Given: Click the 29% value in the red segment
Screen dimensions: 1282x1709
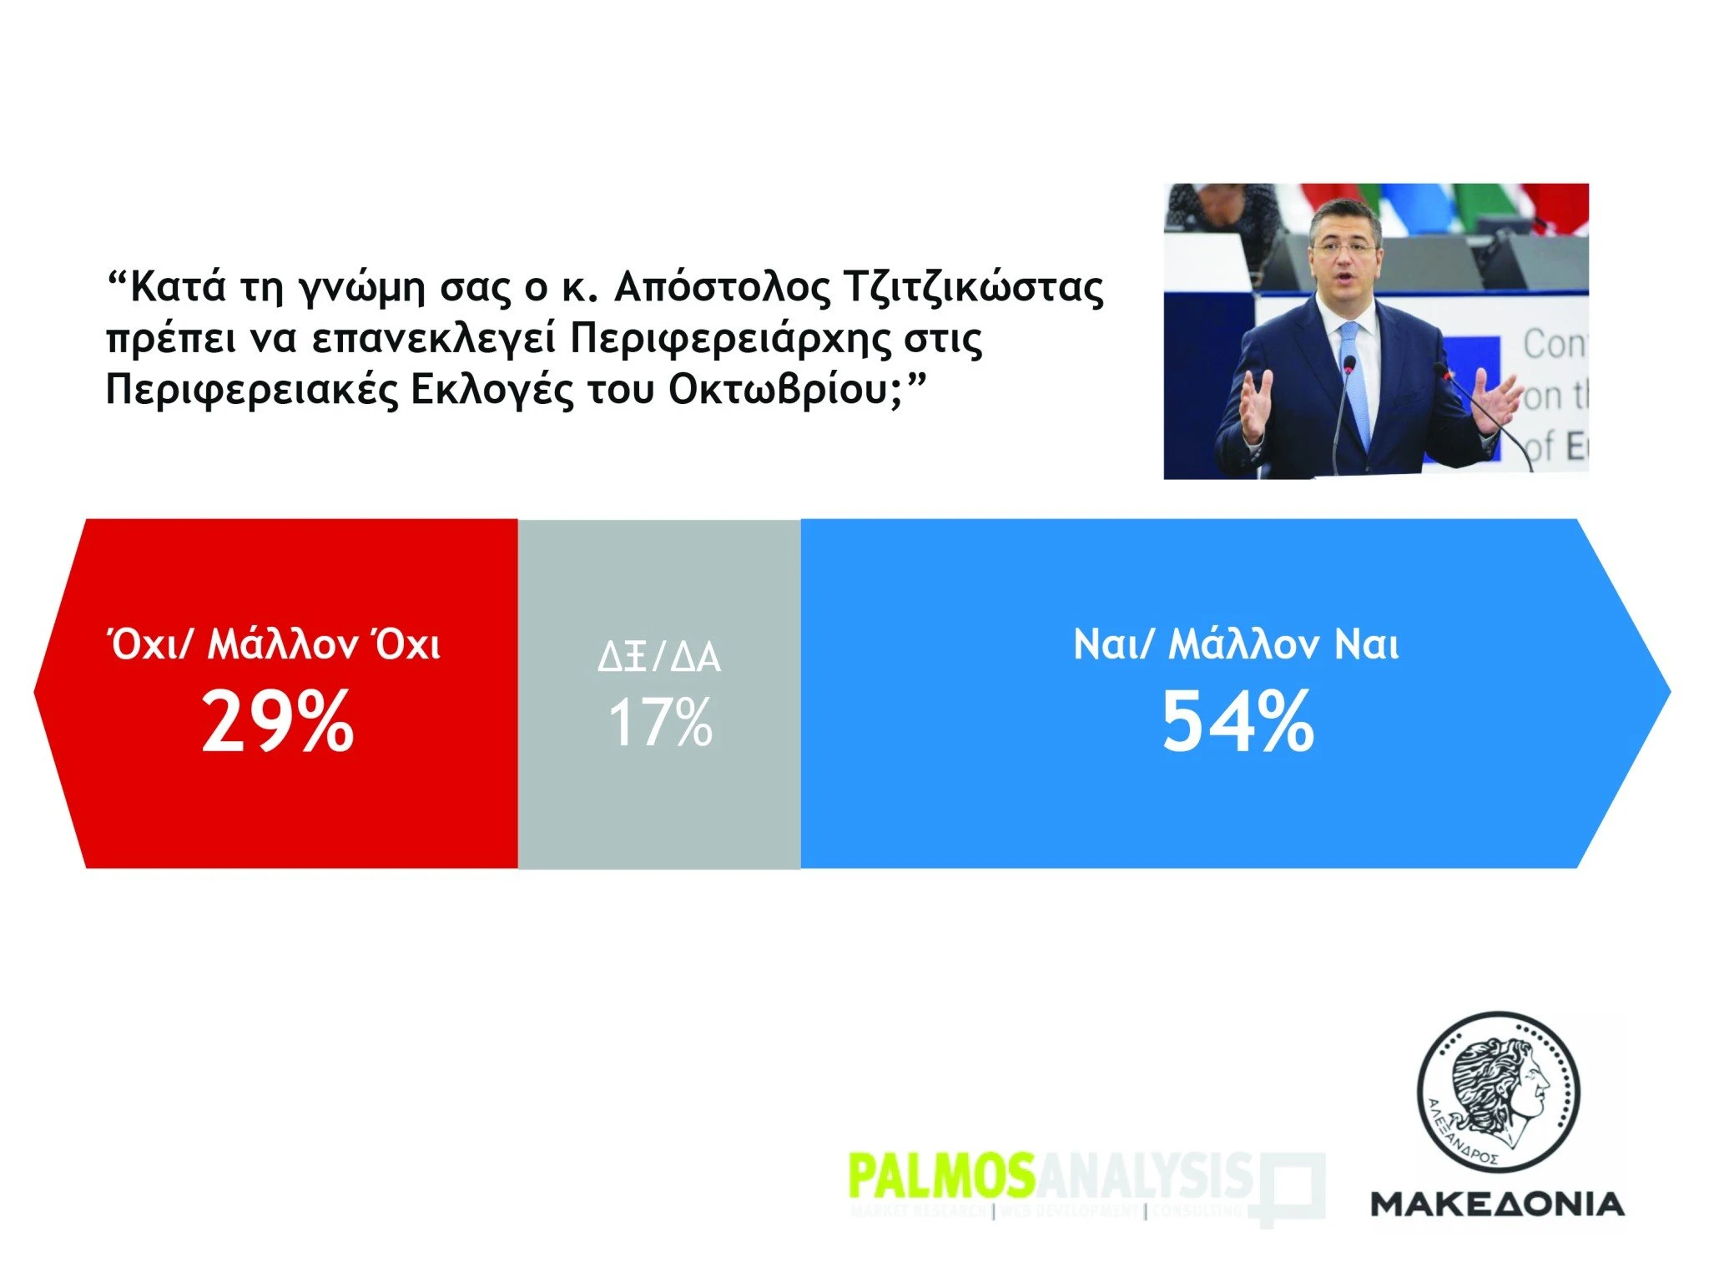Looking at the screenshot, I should click(x=278, y=723).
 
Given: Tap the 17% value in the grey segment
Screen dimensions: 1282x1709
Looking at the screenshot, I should click(x=660, y=723).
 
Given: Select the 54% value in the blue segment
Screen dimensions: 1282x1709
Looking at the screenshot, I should click(x=1238, y=723).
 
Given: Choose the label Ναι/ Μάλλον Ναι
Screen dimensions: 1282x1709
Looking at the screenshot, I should click(x=1236, y=645).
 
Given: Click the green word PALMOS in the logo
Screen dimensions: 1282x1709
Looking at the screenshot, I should click(x=940, y=1176).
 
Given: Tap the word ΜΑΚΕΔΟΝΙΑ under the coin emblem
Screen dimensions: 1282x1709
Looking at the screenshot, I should click(x=1497, y=1204).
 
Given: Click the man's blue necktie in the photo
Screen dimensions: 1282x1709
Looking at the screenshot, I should click(x=1355, y=384).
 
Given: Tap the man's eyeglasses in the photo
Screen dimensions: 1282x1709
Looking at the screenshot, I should click(x=1344, y=248).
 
